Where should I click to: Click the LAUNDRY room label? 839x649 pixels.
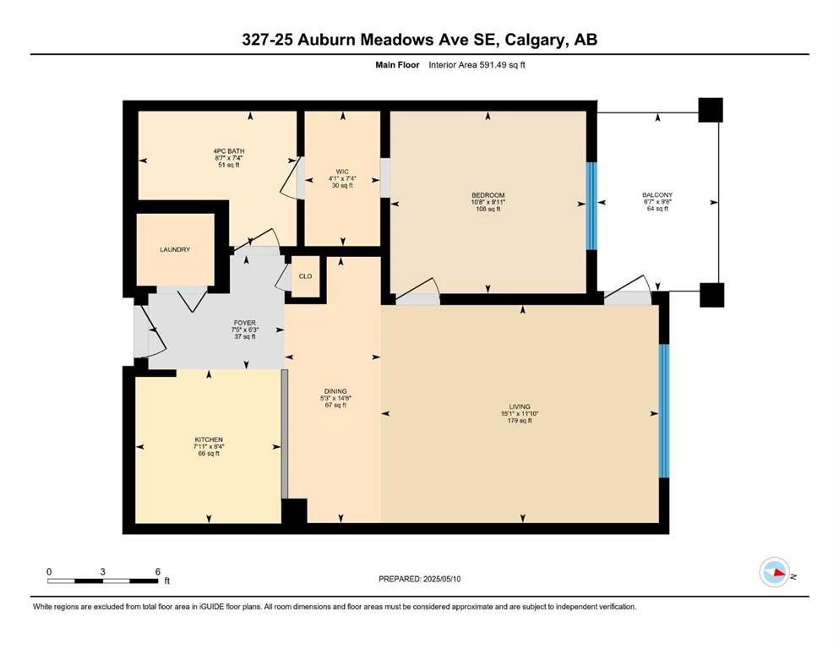pos(175,249)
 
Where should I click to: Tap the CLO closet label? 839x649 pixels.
pos(306,276)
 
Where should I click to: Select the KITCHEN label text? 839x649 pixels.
pos(209,439)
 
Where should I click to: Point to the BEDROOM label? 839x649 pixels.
pos(488,195)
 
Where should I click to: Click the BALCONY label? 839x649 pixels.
pos(657,194)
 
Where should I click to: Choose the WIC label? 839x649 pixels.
pos(342,172)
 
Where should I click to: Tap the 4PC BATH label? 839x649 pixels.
pos(229,151)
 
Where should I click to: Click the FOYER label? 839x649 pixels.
pos(244,323)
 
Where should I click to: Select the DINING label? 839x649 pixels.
pos(335,391)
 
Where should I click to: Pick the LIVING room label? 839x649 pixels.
pos(520,406)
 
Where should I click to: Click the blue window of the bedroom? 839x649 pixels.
pos(591,206)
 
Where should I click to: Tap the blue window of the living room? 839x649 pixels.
pos(663,411)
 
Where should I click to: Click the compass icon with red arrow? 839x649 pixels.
pos(775,572)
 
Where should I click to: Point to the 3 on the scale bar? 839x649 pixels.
pos(102,572)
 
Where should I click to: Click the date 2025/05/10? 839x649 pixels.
pos(441,579)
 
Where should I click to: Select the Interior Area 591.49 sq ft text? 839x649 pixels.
pos(477,65)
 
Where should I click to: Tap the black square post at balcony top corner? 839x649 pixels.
pos(711,110)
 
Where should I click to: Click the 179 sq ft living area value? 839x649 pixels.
pos(520,421)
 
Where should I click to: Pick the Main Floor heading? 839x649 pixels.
pos(397,65)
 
